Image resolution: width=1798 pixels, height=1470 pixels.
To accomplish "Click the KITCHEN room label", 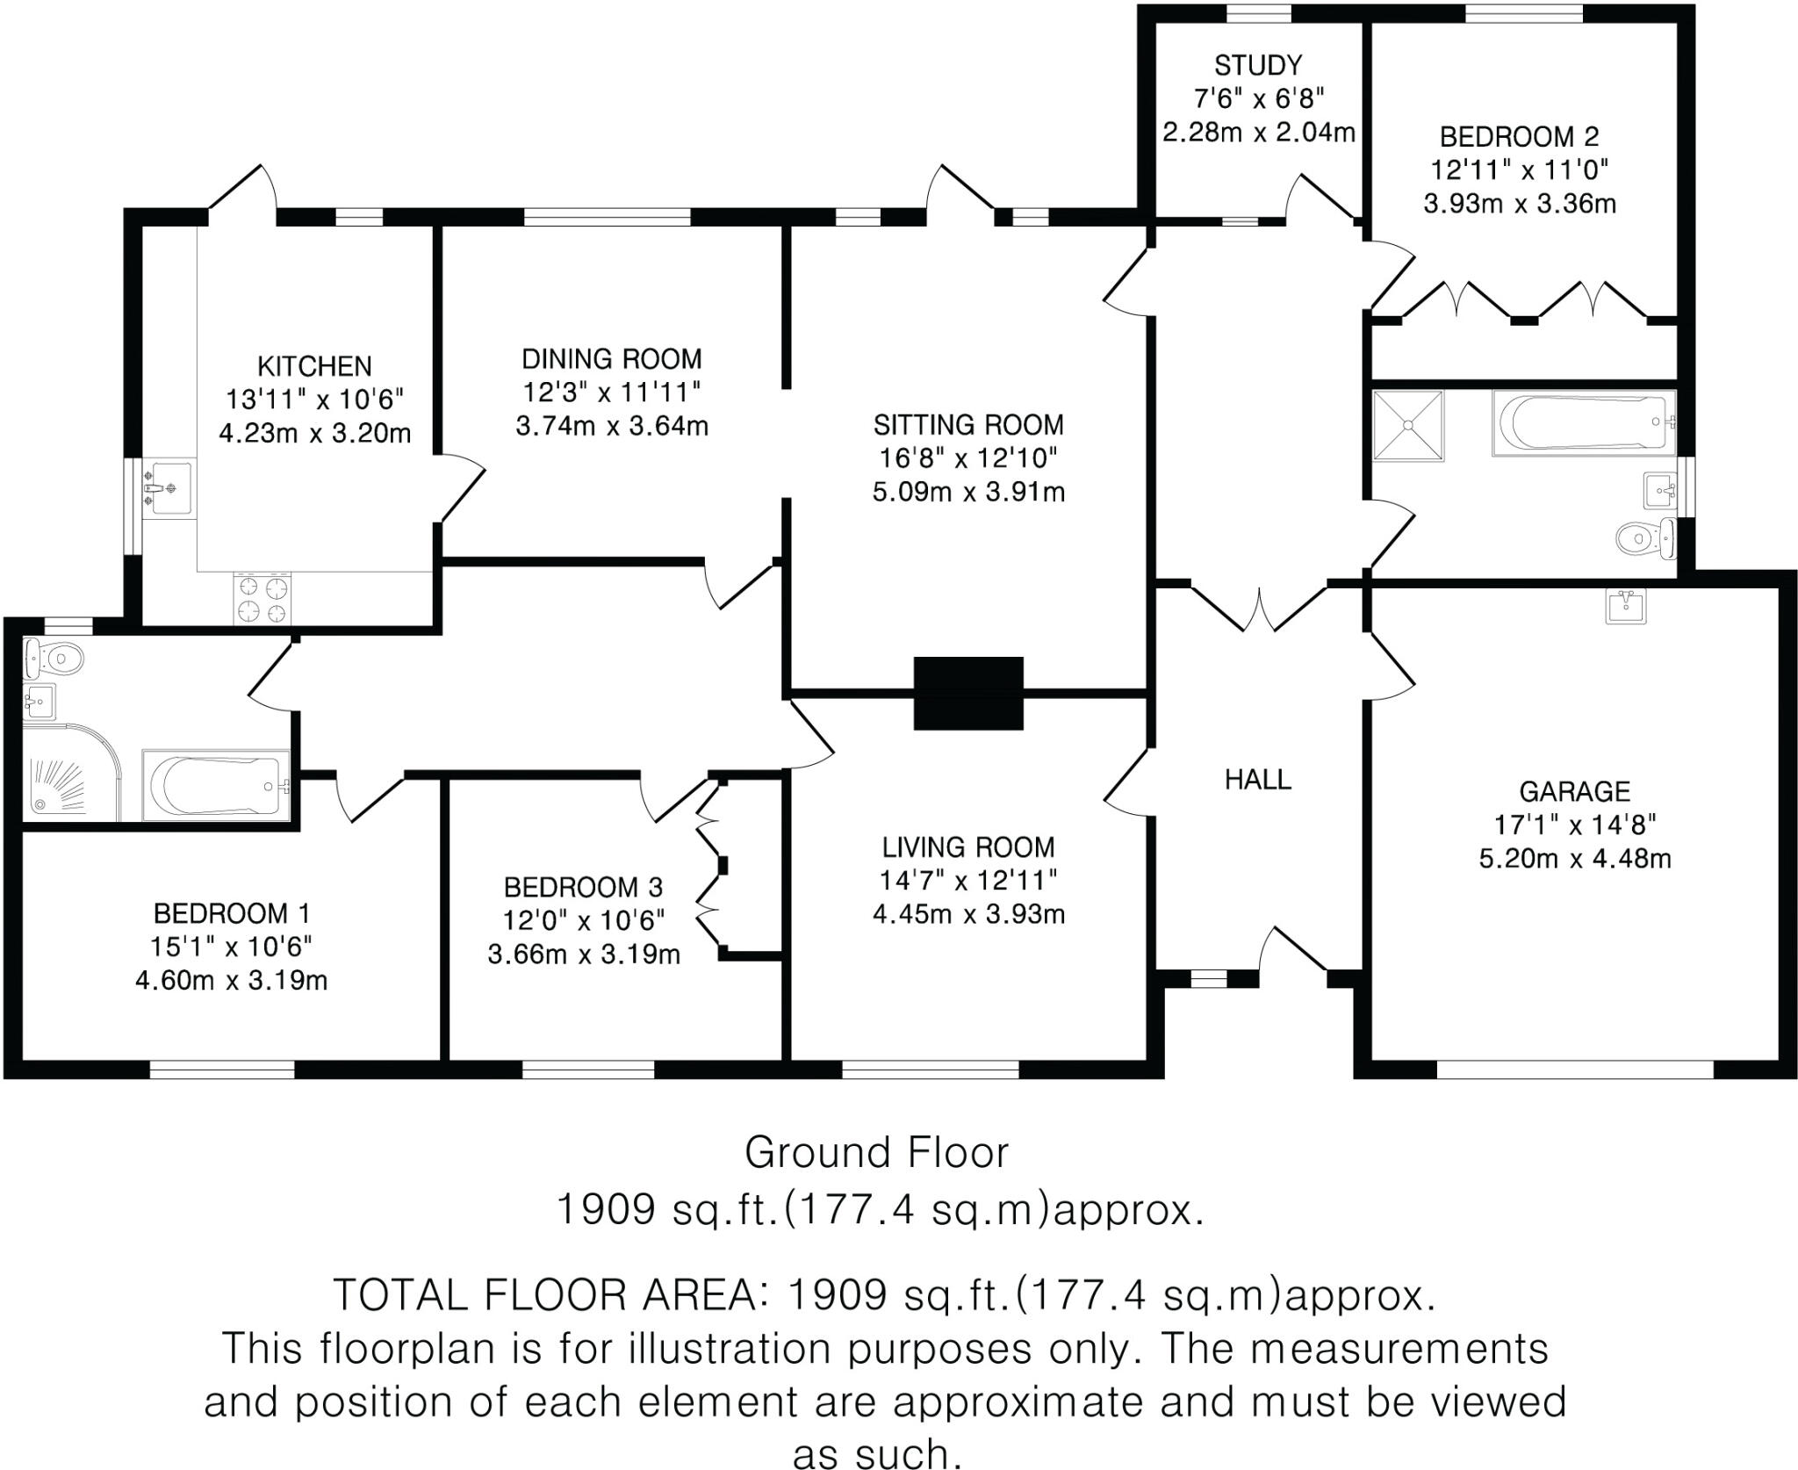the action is point(314,366).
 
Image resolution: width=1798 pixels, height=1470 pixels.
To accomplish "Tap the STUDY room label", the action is point(1258,65).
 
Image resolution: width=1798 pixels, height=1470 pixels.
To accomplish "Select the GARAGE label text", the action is point(1574,791).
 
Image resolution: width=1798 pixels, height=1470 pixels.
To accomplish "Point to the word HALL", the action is point(1258,779).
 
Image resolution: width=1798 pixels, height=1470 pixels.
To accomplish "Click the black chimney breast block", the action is point(968,693).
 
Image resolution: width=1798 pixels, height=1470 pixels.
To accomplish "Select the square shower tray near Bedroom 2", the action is point(1408,425).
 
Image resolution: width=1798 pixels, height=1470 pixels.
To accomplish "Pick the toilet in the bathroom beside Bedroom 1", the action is point(53,654).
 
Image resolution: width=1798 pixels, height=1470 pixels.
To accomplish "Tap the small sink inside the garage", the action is point(1625,605).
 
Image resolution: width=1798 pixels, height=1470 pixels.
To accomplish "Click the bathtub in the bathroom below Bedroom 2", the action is point(1582,423).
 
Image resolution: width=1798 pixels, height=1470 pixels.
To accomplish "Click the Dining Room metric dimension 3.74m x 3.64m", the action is point(612,426).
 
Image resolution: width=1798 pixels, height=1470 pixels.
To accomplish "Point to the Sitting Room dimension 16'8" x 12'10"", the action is point(968,458).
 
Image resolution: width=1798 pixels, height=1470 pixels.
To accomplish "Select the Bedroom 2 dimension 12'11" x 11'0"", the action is point(1520,169).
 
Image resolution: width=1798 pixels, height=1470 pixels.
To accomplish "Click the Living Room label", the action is point(968,847).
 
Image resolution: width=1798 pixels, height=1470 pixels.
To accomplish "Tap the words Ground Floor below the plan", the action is point(877,1152).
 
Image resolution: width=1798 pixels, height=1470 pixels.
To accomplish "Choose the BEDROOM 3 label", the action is point(583,887).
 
